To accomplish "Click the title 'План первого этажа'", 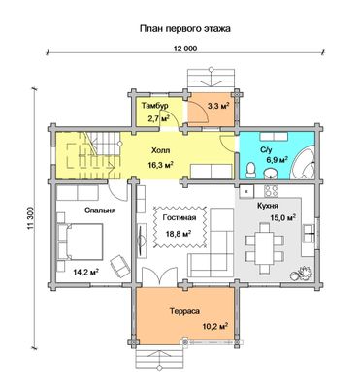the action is pyautogui.click(x=184, y=29).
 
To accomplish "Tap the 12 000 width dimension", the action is pyautogui.click(x=185, y=48).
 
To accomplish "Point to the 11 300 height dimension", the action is pyautogui.click(x=31, y=218).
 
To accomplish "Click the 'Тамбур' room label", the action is pyautogui.click(x=155, y=106).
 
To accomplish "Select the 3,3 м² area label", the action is pyautogui.click(x=218, y=106).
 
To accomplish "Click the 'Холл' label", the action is pyautogui.click(x=160, y=151).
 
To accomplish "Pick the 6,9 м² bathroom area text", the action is pyautogui.click(x=277, y=160).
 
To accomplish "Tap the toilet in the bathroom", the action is pyautogui.click(x=250, y=170).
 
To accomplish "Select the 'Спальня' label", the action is pyautogui.click(x=100, y=210).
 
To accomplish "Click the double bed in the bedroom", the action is pyautogui.click(x=81, y=242).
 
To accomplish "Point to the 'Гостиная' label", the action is pyautogui.click(x=180, y=218).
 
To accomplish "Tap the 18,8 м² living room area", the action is pyautogui.click(x=179, y=234).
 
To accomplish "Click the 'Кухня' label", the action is pyautogui.click(x=268, y=206).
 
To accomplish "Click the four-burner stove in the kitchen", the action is pyautogui.click(x=272, y=191).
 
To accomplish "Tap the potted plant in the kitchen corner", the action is pyautogui.click(x=302, y=273).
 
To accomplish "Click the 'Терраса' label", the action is pyautogui.click(x=184, y=311).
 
